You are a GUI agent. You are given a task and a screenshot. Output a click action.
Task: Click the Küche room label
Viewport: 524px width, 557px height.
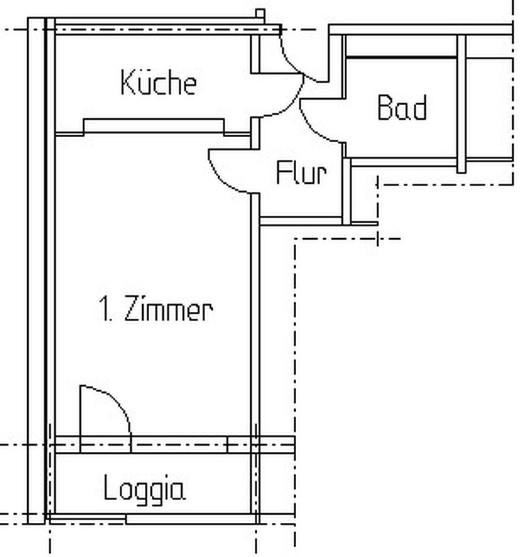(x=159, y=82)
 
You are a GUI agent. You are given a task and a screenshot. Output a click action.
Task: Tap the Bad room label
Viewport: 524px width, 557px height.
(x=402, y=107)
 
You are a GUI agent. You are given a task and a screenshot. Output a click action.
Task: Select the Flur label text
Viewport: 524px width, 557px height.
(x=302, y=173)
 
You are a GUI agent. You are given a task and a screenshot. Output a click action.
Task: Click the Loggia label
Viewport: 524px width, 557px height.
(x=144, y=489)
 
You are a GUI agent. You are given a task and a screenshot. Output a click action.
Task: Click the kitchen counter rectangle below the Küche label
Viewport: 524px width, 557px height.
(x=153, y=126)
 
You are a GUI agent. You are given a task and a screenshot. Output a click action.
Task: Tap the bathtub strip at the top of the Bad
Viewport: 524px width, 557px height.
(x=401, y=45)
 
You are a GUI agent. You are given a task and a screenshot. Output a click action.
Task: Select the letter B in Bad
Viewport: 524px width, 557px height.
(x=385, y=107)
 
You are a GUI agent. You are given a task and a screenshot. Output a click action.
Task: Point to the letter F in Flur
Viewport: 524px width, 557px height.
(x=284, y=173)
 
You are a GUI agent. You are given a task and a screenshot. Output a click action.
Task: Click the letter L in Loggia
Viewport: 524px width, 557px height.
(x=110, y=487)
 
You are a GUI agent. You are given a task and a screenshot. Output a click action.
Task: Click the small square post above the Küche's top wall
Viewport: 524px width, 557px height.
(x=260, y=14)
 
